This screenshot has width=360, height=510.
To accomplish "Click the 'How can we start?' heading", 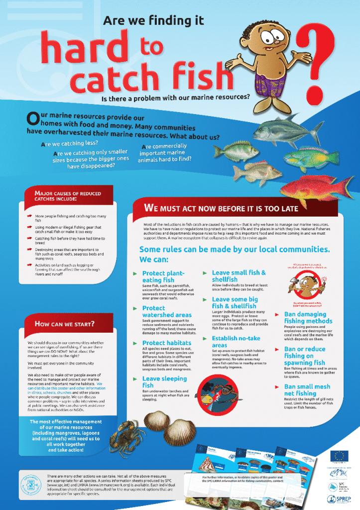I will [x=65, y=324].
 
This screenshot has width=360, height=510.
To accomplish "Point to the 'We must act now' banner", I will [x=221, y=208].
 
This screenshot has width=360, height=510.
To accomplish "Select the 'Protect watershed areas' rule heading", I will [x=167, y=311].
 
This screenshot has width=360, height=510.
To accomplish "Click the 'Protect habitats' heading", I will [x=167, y=343].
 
